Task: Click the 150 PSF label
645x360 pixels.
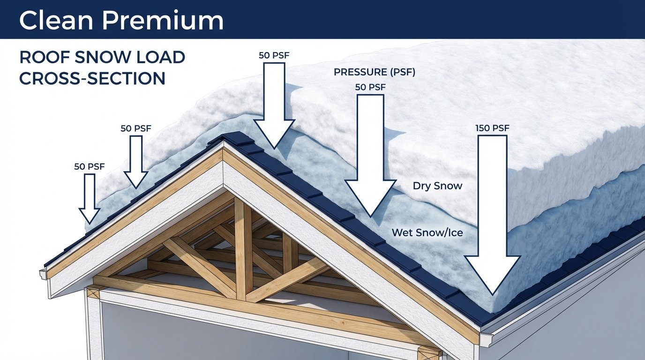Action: pos(492,128)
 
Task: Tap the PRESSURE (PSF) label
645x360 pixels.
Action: pos(375,73)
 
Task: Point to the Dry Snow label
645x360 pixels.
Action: pos(437,186)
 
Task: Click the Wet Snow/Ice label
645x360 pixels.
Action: pos(427,232)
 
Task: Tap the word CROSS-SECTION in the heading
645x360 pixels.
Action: pos(92,78)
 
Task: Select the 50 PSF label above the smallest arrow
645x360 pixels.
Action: pos(89,166)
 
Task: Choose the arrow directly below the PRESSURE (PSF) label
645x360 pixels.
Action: pos(370,155)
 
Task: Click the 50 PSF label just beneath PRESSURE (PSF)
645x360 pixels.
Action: pos(370,88)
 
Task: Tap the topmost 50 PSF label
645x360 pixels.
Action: pos(274,55)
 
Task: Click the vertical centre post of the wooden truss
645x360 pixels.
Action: pos(241,248)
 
